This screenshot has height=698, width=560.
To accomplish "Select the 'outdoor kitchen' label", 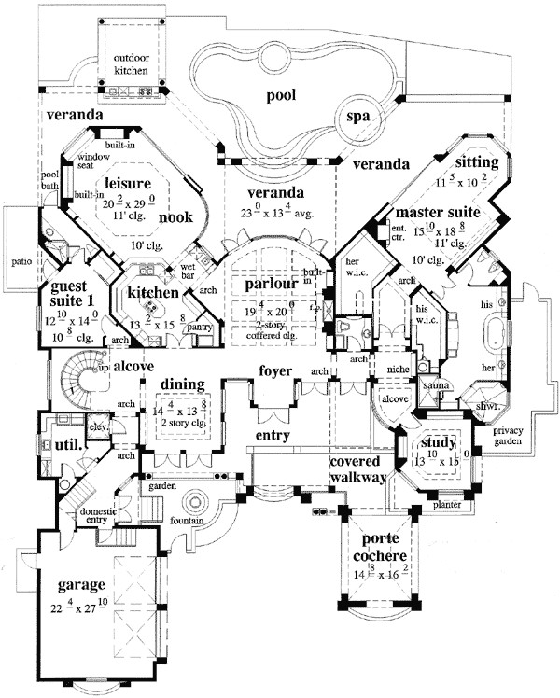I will point(132,63).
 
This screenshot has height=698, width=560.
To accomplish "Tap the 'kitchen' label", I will point(152,294).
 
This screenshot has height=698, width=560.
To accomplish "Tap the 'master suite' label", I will point(438,212).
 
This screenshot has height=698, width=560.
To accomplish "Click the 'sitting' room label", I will point(478,162).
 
